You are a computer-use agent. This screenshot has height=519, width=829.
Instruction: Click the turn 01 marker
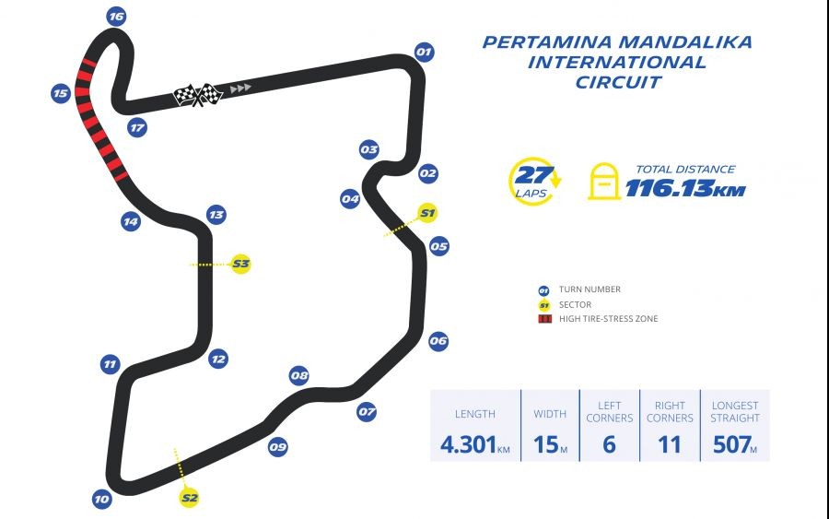click(424, 52)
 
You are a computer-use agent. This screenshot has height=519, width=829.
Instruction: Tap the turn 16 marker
click(115, 17)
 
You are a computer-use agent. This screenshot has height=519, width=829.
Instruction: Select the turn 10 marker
click(101, 500)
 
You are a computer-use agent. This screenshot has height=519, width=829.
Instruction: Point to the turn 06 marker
click(438, 341)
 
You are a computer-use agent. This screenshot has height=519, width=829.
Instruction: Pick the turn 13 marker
click(216, 215)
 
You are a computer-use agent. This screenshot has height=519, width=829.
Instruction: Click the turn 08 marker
click(298, 375)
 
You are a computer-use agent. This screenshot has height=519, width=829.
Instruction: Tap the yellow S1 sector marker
click(426, 214)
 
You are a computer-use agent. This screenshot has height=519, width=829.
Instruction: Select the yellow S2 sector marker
click(190, 498)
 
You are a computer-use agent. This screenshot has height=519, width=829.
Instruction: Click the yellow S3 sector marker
click(240, 264)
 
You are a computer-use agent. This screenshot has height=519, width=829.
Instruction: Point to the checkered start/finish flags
click(199, 94)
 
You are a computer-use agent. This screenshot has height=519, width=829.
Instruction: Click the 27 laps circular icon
click(533, 182)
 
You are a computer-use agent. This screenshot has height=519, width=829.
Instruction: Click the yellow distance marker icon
click(603, 182)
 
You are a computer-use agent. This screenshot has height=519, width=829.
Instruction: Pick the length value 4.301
click(469, 444)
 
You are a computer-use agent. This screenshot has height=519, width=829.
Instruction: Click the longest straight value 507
click(730, 444)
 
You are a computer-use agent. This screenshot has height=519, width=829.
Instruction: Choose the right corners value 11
click(670, 444)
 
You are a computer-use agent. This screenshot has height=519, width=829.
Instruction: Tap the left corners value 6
click(610, 444)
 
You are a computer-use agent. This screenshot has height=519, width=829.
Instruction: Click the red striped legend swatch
click(544, 319)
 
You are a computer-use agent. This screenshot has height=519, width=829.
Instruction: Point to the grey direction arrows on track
click(240, 88)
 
